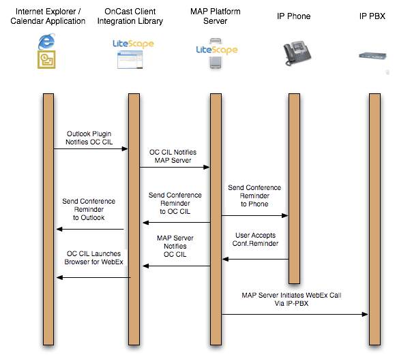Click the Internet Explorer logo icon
coord(46,41)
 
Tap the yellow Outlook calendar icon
coord(46,60)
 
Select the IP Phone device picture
coord(297,53)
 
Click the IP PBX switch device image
coord(372,55)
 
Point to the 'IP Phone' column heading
coord(293,16)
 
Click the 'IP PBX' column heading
coord(372,16)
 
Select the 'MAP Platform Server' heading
coord(215,16)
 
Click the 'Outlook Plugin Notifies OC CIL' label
coord(89,138)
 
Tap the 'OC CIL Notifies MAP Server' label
coord(173,156)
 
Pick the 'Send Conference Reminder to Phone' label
coord(254,195)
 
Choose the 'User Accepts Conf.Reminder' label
coord(255,239)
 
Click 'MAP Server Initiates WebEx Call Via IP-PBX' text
coord(291,299)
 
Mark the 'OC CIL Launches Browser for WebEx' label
coord(93,257)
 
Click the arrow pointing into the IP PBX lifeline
coord(295,315)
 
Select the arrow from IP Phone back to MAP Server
coord(256,259)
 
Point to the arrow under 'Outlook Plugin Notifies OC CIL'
coord(91,148)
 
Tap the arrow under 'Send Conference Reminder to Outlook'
coord(90,230)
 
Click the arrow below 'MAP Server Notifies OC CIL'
coord(177,266)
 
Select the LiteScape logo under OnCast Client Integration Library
coord(133,44)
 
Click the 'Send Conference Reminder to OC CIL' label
coord(175,203)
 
